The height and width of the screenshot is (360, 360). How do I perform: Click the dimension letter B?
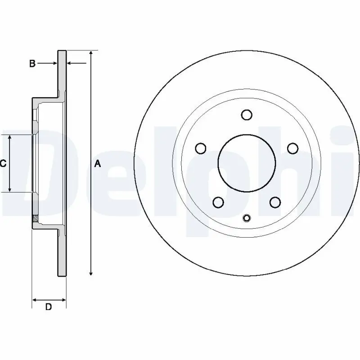pos(32,64)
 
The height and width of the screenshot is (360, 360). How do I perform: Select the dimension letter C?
pos(3,164)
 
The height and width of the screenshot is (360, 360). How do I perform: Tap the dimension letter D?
pos(49,307)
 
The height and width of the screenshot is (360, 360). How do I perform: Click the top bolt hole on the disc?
pos(246,115)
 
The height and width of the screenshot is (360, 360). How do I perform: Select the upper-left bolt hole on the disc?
pos(201,148)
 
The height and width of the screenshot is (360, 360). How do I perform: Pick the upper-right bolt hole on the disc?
pos(292,148)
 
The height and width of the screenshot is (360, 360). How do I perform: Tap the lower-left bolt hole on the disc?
pos(218,202)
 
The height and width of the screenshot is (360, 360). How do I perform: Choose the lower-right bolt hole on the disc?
pos(275,202)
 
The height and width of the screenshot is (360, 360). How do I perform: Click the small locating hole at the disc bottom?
pos(246,219)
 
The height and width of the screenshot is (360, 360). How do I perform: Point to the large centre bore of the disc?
pos(246,162)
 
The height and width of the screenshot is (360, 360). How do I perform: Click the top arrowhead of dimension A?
pos(91,53)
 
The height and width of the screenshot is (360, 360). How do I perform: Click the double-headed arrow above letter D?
pos(49,299)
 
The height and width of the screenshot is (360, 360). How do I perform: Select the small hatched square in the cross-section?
pos(35,220)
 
